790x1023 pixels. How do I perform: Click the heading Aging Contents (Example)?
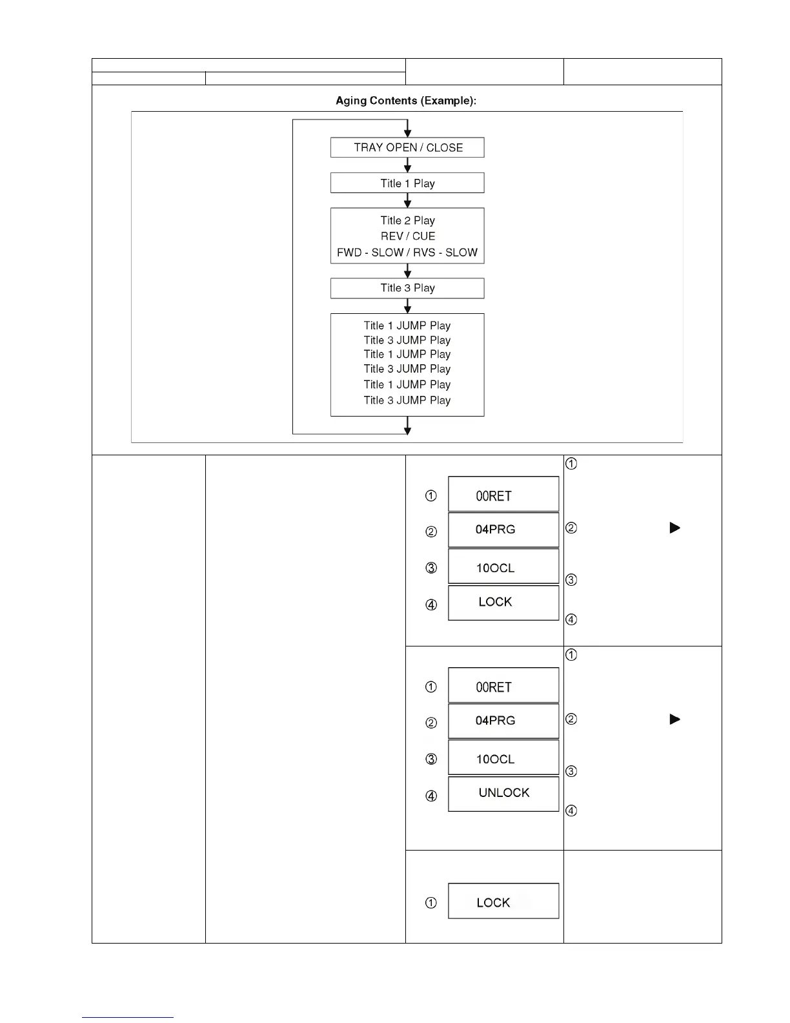[x=406, y=101]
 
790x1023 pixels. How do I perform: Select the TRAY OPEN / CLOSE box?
[x=407, y=147]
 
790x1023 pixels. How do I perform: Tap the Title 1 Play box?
[x=407, y=183]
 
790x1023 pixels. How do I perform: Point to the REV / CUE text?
[x=408, y=236]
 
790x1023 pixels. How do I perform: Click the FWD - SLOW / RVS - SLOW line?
[x=407, y=253]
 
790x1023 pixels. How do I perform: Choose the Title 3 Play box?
[x=407, y=288]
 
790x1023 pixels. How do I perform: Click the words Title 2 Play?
[x=408, y=220]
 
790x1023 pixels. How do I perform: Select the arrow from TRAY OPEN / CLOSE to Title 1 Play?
[x=407, y=165]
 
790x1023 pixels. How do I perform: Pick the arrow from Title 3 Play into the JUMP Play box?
[x=407, y=306]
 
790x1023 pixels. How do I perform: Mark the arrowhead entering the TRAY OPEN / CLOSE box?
[x=407, y=132]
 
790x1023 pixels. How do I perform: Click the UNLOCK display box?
[x=503, y=794]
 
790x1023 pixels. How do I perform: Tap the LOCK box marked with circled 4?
[x=503, y=603]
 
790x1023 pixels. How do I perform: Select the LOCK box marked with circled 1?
[x=503, y=901]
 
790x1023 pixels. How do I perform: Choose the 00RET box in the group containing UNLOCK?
[x=503, y=685]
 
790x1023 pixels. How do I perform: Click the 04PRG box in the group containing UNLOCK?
[x=503, y=721]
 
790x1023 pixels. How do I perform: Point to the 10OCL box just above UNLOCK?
[x=503, y=758]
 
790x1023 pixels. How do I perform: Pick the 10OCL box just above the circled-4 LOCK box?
[x=503, y=566]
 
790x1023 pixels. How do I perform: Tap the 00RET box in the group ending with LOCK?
[x=503, y=494]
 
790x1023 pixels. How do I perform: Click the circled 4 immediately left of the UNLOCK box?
[x=431, y=796]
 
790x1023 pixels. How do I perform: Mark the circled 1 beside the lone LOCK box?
[x=431, y=903]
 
